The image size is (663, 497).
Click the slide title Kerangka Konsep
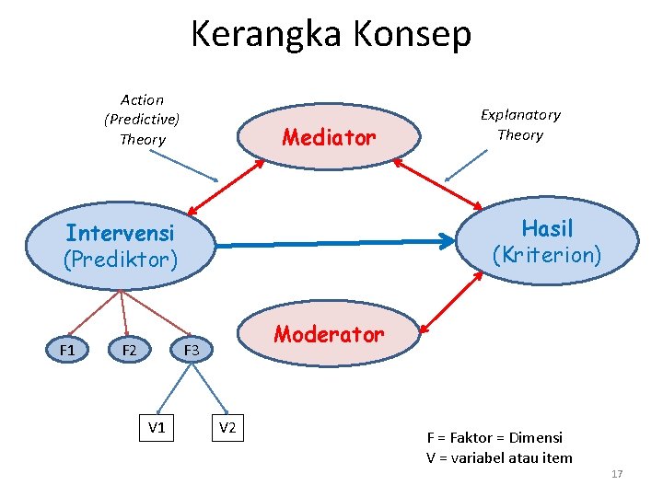pyautogui.click(x=331, y=34)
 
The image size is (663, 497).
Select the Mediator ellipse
pyautogui.click(x=329, y=138)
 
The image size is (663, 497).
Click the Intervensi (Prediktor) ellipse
pyautogui.click(x=120, y=245)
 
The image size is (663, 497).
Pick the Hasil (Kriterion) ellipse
pyautogui.click(x=547, y=241)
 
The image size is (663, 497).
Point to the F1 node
pyautogui.click(x=67, y=350)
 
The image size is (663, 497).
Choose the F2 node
pyautogui.click(x=129, y=350)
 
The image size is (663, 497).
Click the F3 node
pyautogui.click(x=191, y=350)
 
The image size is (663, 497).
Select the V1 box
pyautogui.click(x=157, y=427)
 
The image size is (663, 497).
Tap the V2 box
pyautogui.click(x=227, y=427)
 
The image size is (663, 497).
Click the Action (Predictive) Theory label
pyautogui.click(x=142, y=120)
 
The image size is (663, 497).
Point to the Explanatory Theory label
pyautogui.click(x=520, y=124)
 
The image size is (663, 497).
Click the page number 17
pyautogui.click(x=617, y=474)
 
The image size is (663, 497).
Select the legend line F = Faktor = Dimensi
pyautogui.click(x=494, y=438)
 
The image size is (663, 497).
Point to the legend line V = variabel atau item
pyautogui.click(x=499, y=457)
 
